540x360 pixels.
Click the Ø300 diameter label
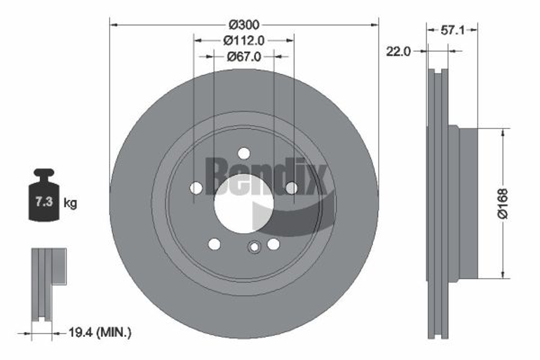[x=244, y=24]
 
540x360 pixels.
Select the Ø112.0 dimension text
[x=244, y=40]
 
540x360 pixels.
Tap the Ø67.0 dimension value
[x=244, y=56]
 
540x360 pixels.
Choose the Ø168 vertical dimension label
[x=503, y=203]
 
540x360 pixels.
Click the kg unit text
[x=70, y=203]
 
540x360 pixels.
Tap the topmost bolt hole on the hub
[x=244, y=153]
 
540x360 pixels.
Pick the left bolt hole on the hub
[x=197, y=188]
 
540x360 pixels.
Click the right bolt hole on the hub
[x=291, y=188]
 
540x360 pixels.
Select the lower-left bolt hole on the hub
[x=214, y=244]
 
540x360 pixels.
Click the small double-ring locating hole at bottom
[x=254, y=248]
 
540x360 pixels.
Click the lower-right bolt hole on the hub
[x=273, y=244]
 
